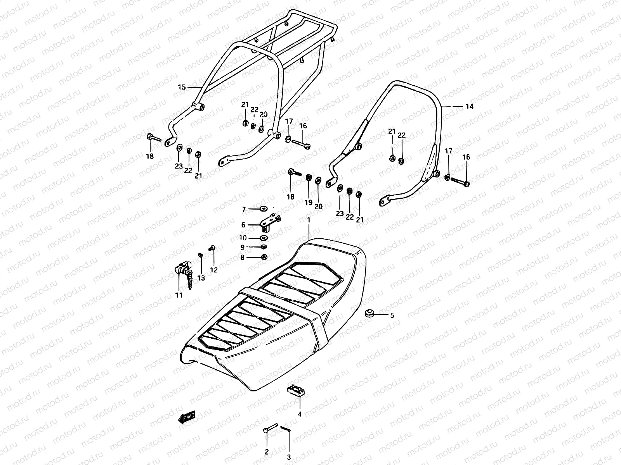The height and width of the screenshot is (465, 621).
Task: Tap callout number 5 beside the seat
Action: [392, 315]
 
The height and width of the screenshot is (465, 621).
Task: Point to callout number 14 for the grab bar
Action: [469, 107]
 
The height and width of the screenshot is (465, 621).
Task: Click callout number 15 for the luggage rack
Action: [182, 87]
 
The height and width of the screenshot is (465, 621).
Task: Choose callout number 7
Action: [244, 210]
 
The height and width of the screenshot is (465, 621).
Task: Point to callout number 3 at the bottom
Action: [289, 457]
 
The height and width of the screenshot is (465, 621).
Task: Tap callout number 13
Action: [201, 278]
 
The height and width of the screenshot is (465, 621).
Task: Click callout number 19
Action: [308, 202]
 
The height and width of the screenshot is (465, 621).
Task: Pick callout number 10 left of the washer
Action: [243, 238]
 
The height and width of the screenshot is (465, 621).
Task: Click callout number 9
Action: [243, 247]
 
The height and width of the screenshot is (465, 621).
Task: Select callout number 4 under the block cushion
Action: [300, 414]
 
